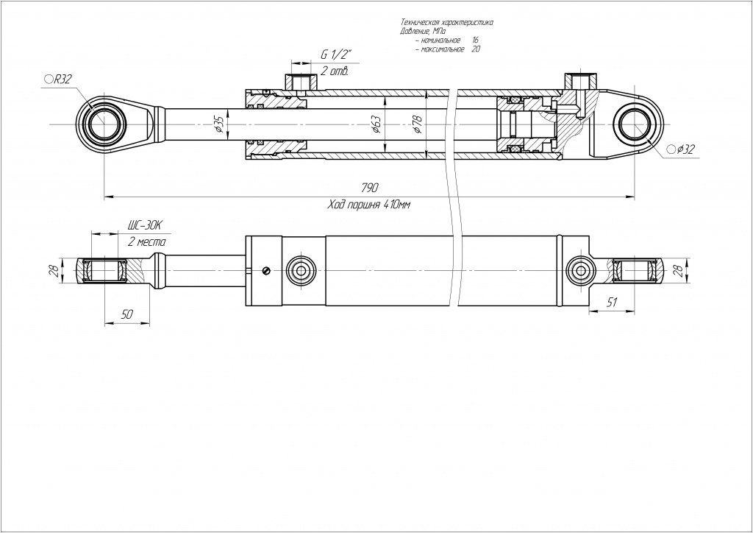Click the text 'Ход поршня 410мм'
click(x=368, y=205)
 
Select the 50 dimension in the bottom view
click(x=126, y=314)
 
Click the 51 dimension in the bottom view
click(x=612, y=302)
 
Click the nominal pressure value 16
click(x=476, y=40)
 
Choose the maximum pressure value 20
click(x=476, y=49)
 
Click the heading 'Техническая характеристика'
click(x=446, y=23)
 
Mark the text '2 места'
click(x=147, y=241)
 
